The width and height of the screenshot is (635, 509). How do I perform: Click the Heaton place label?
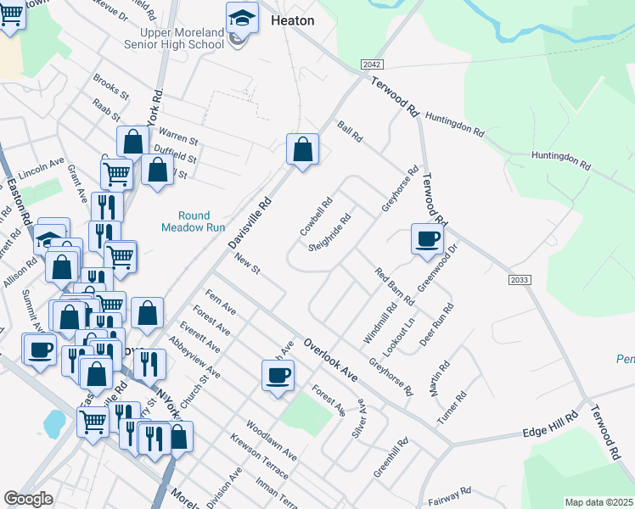[x=292, y=20]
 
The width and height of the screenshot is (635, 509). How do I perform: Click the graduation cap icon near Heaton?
[x=242, y=17]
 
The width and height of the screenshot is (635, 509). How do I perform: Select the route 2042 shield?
[x=372, y=64]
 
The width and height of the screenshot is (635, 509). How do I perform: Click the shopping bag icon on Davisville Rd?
[x=302, y=150]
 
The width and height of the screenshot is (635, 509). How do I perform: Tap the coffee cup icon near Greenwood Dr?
[x=427, y=238]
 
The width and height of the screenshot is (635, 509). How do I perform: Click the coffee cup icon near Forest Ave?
[x=278, y=375]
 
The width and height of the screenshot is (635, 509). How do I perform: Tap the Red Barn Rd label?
[x=395, y=286]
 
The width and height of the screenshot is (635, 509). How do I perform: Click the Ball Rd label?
[x=350, y=132]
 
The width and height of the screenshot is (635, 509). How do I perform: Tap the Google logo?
[x=28, y=499]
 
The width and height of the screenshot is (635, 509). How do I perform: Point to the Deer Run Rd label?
[x=437, y=324]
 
